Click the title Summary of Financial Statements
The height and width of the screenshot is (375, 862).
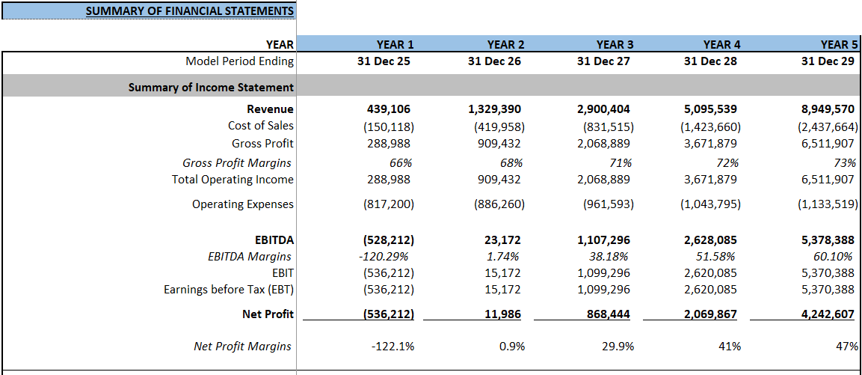click(x=189, y=10)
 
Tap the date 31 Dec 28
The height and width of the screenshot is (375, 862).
click(x=710, y=61)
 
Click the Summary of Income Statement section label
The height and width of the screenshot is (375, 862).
click(x=211, y=88)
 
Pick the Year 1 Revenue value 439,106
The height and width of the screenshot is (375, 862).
click(x=388, y=109)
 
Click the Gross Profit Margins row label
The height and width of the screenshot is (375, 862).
click(x=237, y=162)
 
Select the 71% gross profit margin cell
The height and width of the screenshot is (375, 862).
click(x=621, y=162)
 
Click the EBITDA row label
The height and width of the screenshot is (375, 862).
click(x=274, y=240)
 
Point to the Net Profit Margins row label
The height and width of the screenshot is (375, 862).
click(x=243, y=346)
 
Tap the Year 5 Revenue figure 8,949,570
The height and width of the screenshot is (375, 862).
click(x=828, y=109)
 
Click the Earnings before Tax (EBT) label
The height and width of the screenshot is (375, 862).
click(x=229, y=290)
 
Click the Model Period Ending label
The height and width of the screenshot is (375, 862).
click(x=239, y=61)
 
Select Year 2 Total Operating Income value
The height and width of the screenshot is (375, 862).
click(x=499, y=180)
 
